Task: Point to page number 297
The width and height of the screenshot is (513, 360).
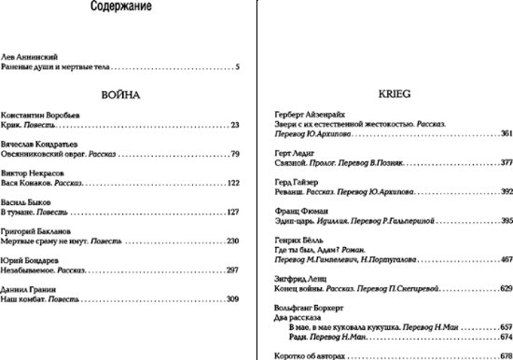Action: [233, 270]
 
